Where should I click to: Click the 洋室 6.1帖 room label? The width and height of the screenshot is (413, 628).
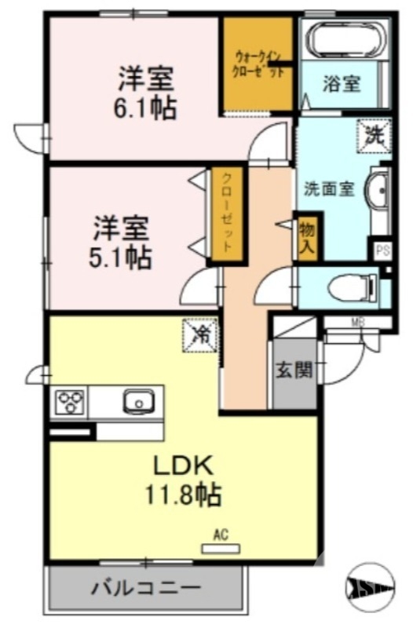[x=146, y=92]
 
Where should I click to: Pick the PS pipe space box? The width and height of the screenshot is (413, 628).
[x=382, y=251]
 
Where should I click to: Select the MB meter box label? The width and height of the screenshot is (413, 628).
[x=357, y=321]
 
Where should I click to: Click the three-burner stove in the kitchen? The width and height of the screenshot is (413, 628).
[x=70, y=403]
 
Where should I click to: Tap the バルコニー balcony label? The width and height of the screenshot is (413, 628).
[x=145, y=586]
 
